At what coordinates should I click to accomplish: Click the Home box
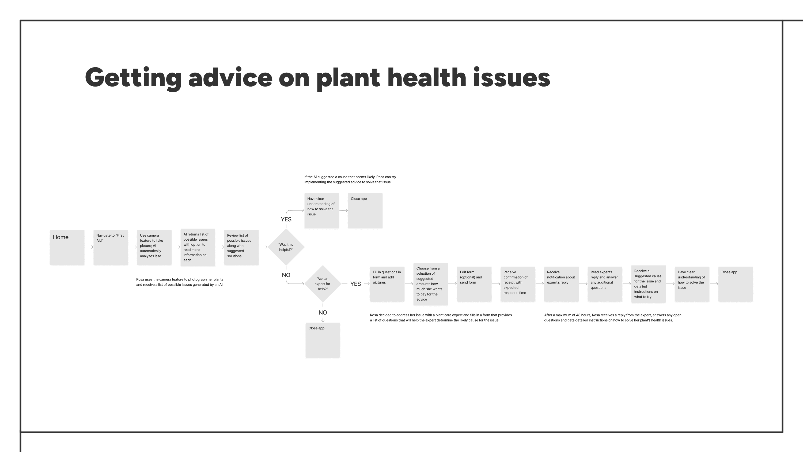pyautogui.click(x=67, y=247)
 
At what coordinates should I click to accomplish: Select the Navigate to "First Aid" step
pyautogui.click(x=111, y=247)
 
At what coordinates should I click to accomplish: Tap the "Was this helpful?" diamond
pyautogui.click(x=286, y=247)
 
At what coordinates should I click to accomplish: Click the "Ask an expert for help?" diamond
pyautogui.click(x=323, y=284)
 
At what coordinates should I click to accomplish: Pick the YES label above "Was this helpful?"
pyautogui.click(x=286, y=219)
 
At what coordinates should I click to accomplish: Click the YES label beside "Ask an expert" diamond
pyautogui.click(x=355, y=284)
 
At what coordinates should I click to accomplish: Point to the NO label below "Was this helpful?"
pyautogui.click(x=286, y=275)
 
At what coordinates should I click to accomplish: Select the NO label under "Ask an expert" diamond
pyautogui.click(x=323, y=312)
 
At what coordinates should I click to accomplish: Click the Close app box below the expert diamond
pyautogui.click(x=323, y=340)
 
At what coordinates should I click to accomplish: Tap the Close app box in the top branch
pyautogui.click(x=365, y=210)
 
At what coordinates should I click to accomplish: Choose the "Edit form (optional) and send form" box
pyautogui.click(x=474, y=284)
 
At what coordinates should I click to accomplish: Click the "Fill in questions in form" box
pyautogui.click(x=387, y=284)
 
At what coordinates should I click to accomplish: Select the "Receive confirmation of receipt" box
pyautogui.click(x=518, y=284)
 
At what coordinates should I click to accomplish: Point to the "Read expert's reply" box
pyautogui.click(x=605, y=284)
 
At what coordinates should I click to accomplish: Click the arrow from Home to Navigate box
pyautogui.click(x=89, y=247)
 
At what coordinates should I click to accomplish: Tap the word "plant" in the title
pyautogui.click(x=348, y=78)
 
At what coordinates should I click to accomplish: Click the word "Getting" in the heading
pyautogui.click(x=133, y=78)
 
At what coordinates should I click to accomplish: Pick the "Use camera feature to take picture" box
pyautogui.click(x=154, y=247)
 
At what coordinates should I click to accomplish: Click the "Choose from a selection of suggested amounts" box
pyautogui.click(x=430, y=284)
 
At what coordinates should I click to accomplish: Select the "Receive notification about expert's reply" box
pyautogui.click(x=561, y=284)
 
